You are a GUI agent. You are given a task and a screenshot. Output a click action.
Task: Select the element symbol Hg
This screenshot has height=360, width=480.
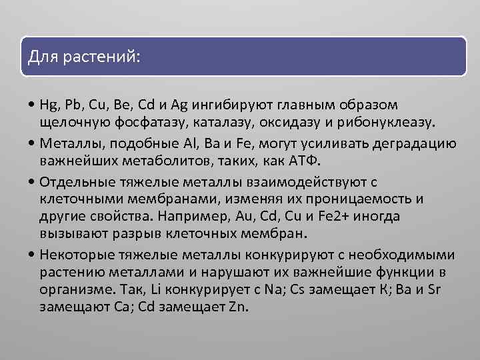click(49, 105)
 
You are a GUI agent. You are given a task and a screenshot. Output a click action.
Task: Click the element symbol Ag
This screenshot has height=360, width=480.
click(180, 105)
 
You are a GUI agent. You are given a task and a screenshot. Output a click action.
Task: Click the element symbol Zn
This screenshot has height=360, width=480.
click(237, 307)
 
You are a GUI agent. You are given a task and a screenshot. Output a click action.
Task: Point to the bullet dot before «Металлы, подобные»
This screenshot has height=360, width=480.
click(33, 143)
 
